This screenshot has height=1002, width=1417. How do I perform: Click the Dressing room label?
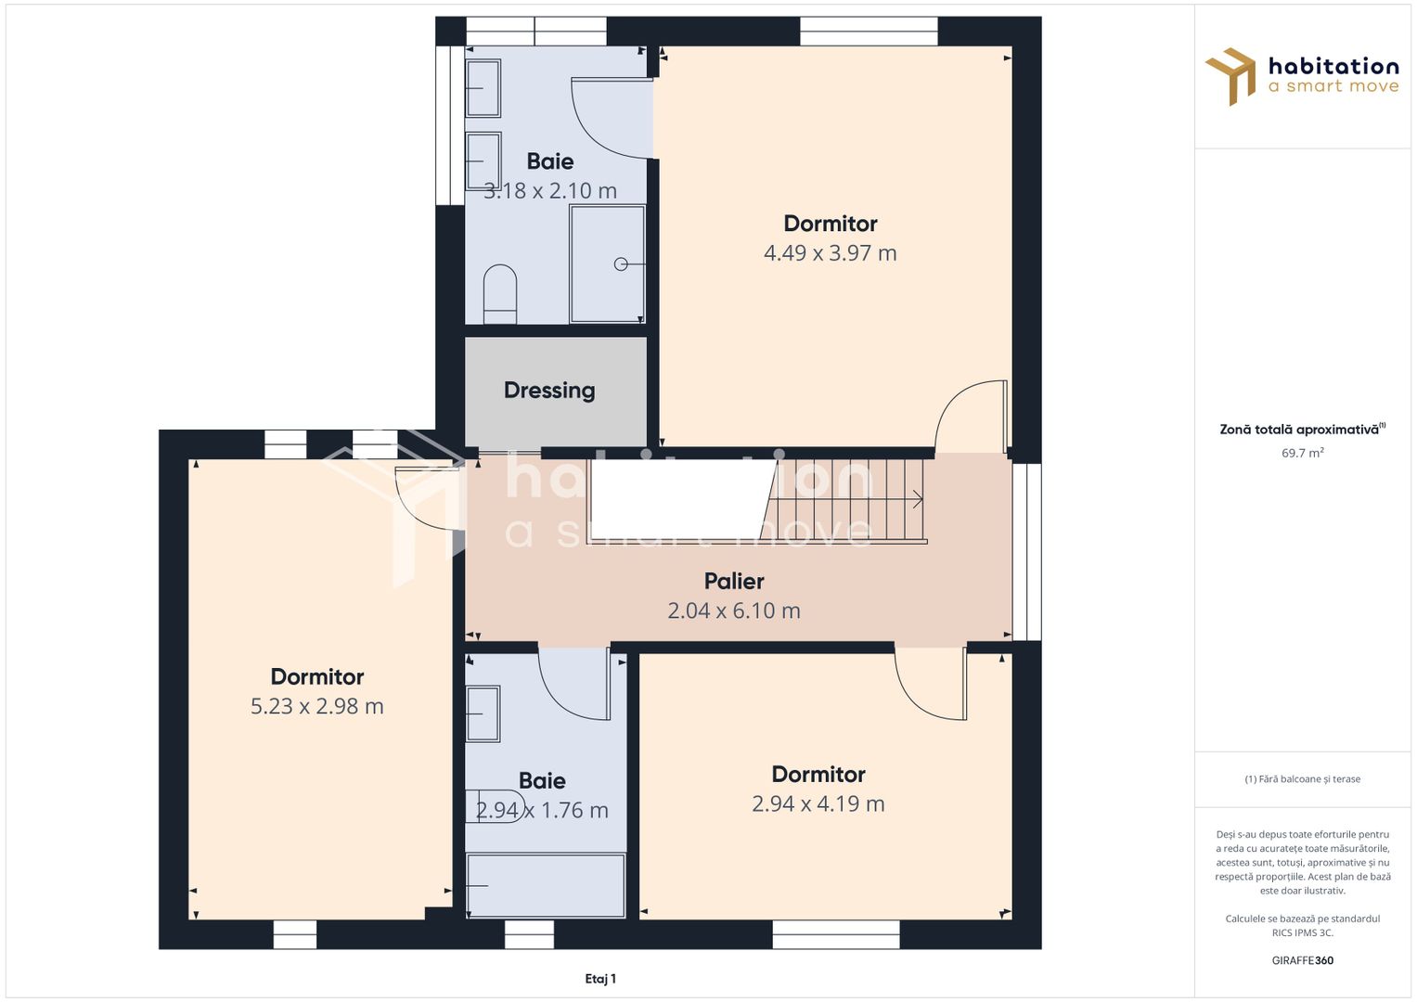pos(549,391)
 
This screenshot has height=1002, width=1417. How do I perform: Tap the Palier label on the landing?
pos(734,581)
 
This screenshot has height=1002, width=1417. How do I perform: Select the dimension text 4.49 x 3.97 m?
pos(830,253)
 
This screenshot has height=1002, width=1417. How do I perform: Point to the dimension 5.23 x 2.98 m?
pos(317,706)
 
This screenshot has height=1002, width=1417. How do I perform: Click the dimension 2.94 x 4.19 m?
pos(818,803)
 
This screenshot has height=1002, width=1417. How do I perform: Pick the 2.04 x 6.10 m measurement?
pos(734,610)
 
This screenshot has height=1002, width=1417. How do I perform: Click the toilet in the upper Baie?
pos(500,294)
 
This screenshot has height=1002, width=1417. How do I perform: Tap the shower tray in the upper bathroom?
pos(607,263)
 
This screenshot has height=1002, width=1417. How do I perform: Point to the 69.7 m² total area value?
pos(1303,453)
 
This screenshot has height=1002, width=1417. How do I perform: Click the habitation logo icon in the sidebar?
pos(1230,76)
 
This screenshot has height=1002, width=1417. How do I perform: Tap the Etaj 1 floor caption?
pos(600,979)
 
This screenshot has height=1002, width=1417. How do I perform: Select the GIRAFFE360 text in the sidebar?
pos(1303,960)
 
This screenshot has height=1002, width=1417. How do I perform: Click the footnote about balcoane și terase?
pos(1303,779)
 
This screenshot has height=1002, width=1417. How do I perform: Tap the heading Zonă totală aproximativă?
pos(1303,430)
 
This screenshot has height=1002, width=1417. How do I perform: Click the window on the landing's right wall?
pos(1026,552)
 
